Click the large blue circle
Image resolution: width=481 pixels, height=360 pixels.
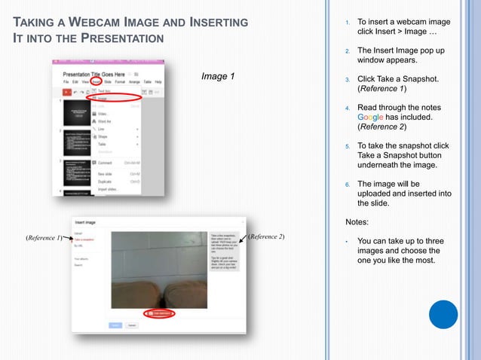pos(443,314)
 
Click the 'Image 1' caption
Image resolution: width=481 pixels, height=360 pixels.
pos(218,76)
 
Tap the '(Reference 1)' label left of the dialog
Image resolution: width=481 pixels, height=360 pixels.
pos(44,237)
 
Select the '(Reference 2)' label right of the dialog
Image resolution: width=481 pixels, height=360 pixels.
pos(266,236)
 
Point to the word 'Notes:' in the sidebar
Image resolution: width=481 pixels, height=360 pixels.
pos(357,222)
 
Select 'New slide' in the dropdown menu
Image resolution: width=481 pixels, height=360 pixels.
pos(105,173)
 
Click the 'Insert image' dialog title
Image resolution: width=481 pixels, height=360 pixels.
pos(84,222)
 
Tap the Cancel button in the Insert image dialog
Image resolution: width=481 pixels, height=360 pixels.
pos(132,325)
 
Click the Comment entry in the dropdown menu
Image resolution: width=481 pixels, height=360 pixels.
pos(106,162)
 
